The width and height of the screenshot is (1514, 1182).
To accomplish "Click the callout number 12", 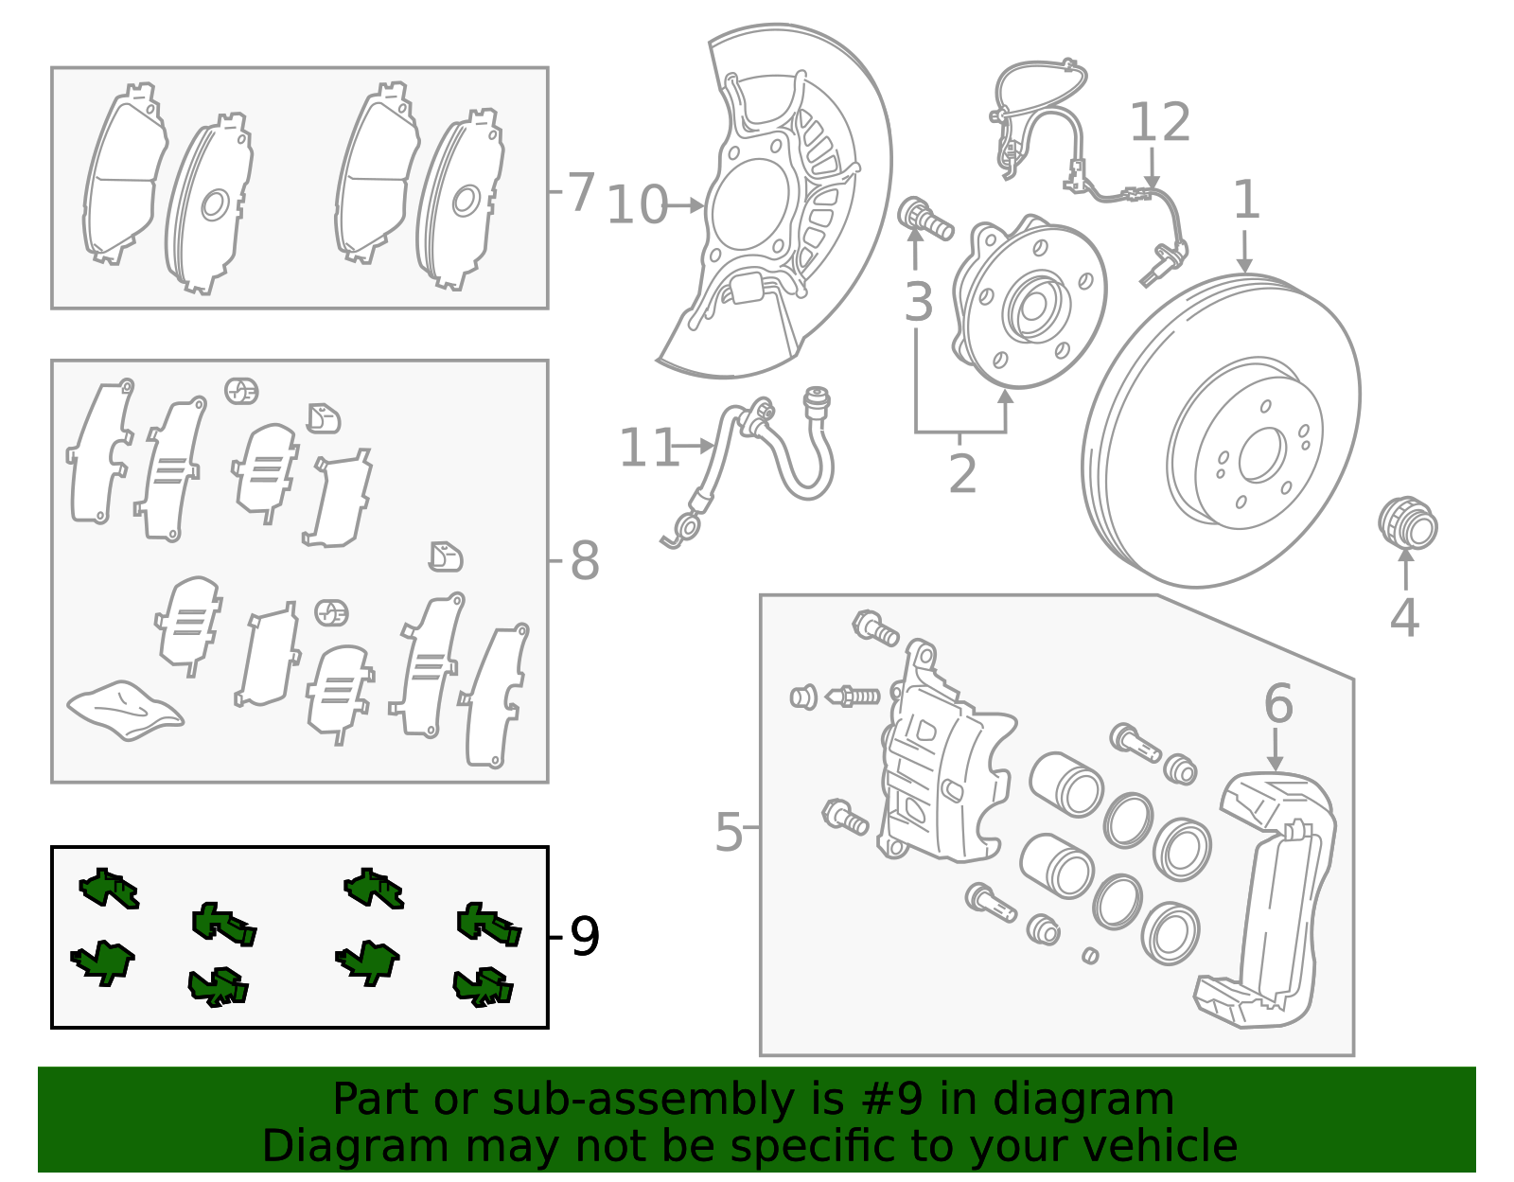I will pyautogui.click(x=1160, y=123).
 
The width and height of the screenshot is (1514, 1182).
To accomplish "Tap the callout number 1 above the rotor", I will pyautogui.click(x=1246, y=201).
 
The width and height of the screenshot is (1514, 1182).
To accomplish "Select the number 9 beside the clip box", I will pyautogui.click(x=585, y=938).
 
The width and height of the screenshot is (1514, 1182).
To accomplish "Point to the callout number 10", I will pyautogui.click(x=637, y=205).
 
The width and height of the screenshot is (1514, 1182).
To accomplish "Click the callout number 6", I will pyautogui.click(x=1277, y=704).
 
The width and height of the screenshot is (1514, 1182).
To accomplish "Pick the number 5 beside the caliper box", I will pyautogui.click(x=729, y=833).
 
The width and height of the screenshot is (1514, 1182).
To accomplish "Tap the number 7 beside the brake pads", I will pyautogui.click(x=580, y=192).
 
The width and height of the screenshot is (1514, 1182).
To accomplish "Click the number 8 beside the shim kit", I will pyautogui.click(x=584, y=561).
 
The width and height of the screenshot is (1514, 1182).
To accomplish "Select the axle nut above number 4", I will pyautogui.click(x=1407, y=523).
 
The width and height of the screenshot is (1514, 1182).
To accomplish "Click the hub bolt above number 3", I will pyautogui.click(x=924, y=219).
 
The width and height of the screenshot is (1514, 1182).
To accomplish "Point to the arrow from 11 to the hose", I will pyautogui.click(x=695, y=445).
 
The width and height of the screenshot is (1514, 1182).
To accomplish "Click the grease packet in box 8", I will pyautogui.click(x=125, y=709).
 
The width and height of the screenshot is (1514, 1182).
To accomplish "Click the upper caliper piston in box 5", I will pyautogui.click(x=1066, y=784).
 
